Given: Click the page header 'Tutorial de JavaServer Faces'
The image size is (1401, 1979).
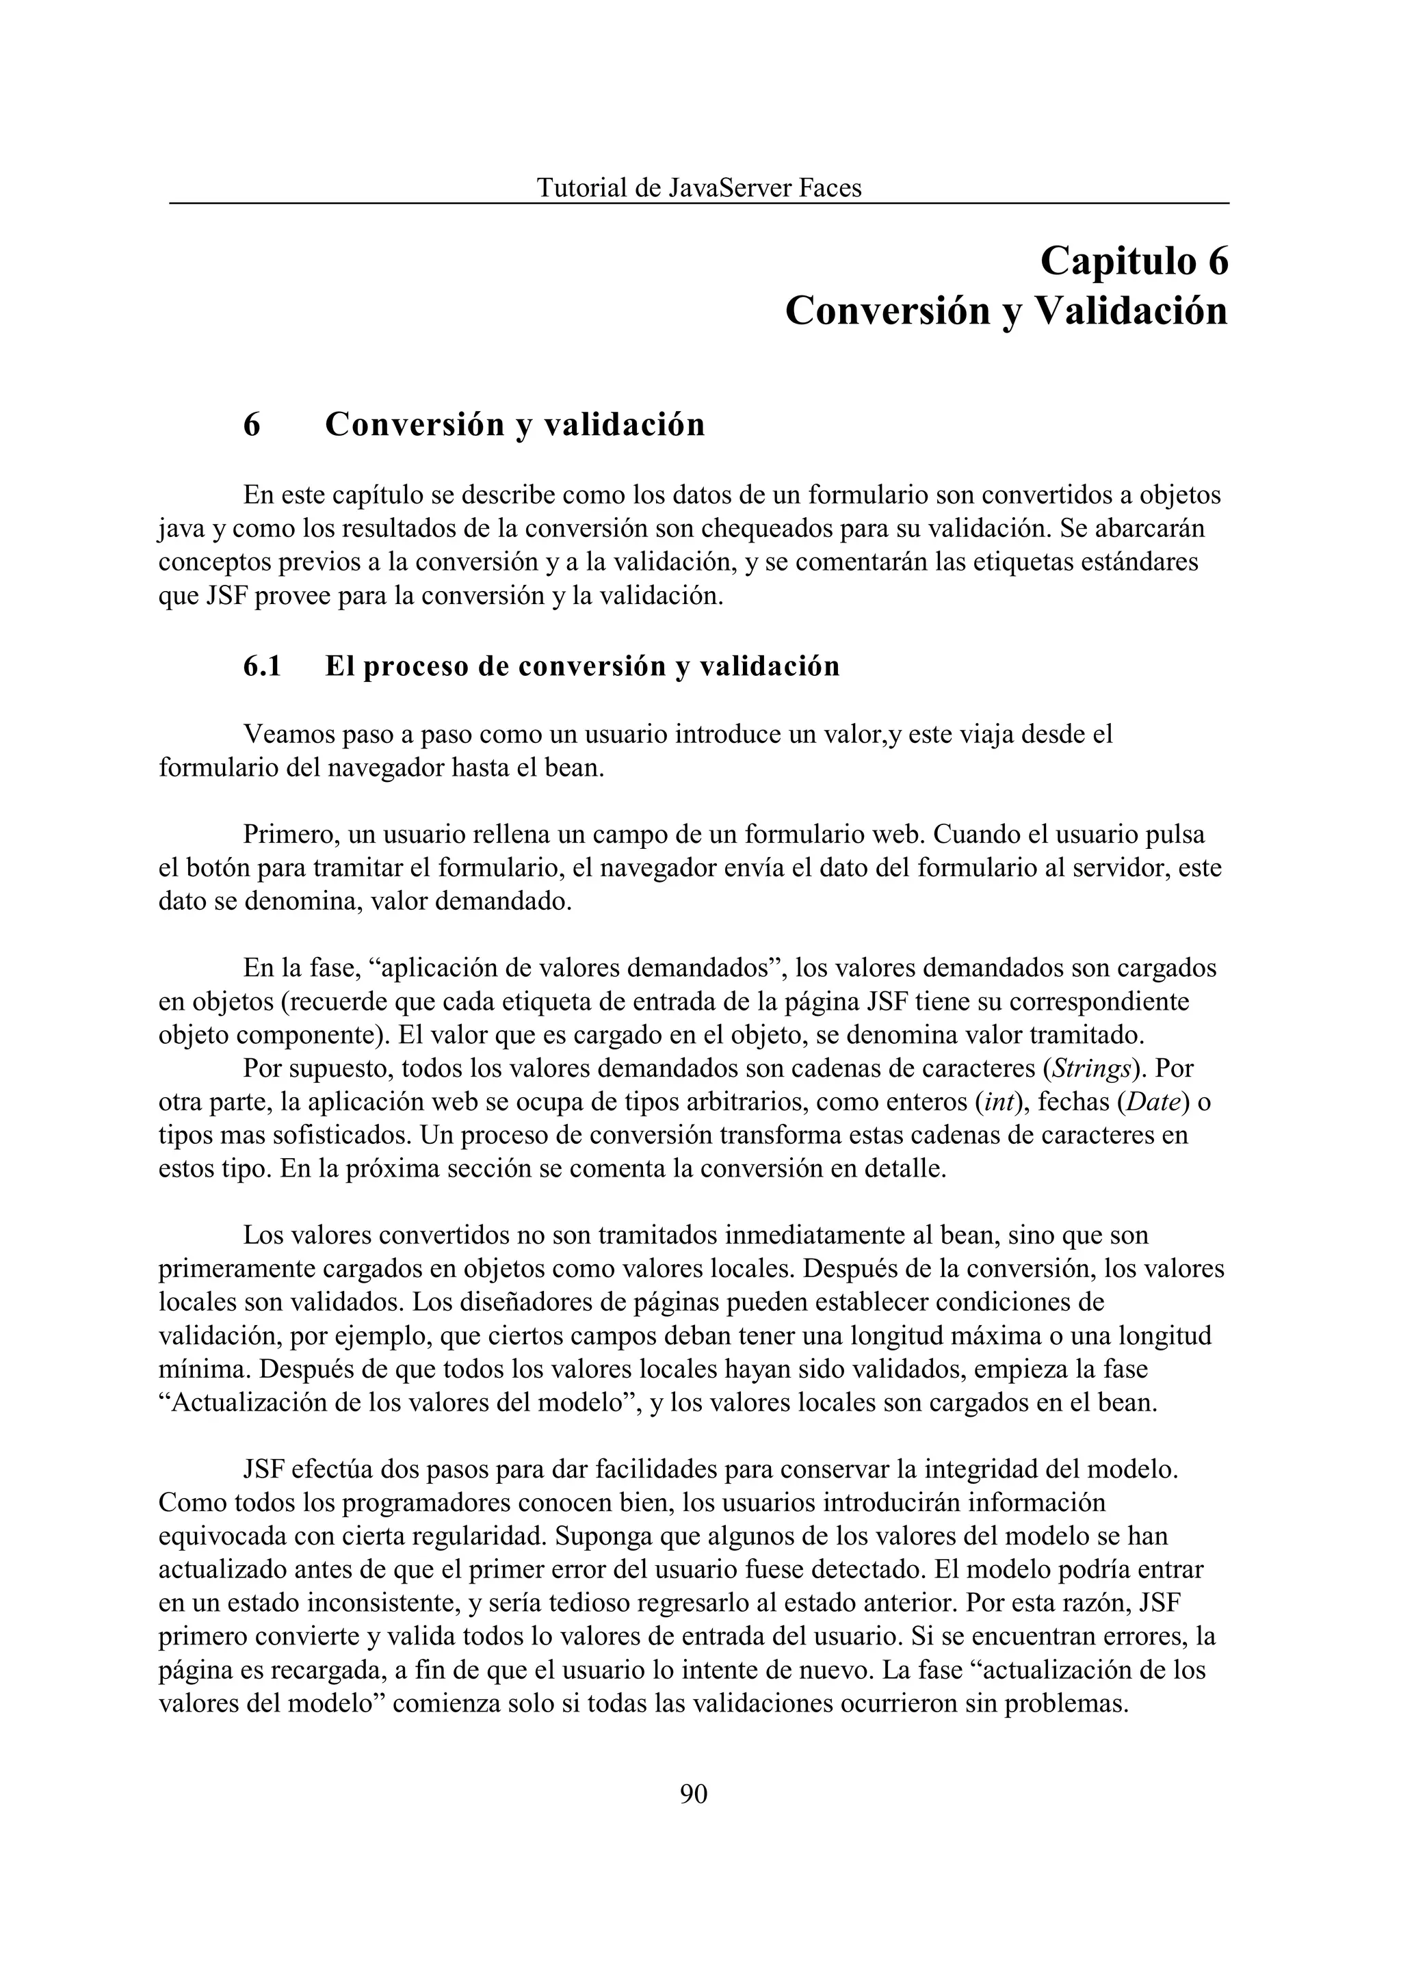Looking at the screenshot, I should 698,187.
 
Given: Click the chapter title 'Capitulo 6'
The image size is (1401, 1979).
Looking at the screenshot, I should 1134,261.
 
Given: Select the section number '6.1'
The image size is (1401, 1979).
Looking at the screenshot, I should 262,666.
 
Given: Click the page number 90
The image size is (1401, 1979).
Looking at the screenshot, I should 694,1794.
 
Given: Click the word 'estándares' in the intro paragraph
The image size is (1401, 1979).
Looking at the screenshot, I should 1133,562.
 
